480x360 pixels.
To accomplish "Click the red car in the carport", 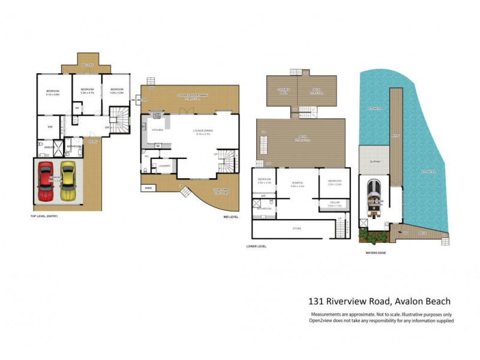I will (46, 181).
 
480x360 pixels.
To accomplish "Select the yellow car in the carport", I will (68, 181).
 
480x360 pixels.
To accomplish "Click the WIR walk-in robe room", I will (50, 126).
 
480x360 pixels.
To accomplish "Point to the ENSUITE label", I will (47, 146).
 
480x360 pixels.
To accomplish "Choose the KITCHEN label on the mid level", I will (157, 130).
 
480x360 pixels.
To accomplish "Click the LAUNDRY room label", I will (164, 166).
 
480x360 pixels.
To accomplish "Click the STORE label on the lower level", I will (296, 228).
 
